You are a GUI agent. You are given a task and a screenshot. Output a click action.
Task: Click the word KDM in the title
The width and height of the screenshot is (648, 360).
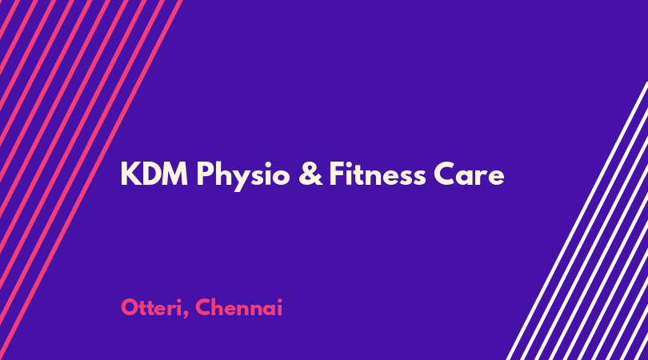click(x=154, y=174)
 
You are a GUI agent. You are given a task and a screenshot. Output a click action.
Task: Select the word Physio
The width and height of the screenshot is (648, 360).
click(x=243, y=177)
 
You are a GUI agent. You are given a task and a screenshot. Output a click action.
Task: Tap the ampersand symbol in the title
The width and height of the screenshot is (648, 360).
click(x=310, y=174)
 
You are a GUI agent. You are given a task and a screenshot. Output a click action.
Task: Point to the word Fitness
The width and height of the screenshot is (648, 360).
click(x=378, y=174)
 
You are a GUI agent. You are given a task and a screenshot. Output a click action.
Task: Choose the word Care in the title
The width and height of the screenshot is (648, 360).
click(x=469, y=174)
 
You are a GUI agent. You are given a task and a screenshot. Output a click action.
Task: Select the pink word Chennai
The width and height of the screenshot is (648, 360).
click(x=239, y=308)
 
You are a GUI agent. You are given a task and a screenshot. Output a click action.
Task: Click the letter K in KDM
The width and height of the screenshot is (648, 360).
click(x=130, y=174)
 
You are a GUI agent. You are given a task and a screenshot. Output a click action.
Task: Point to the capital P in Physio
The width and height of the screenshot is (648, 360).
click(x=204, y=174)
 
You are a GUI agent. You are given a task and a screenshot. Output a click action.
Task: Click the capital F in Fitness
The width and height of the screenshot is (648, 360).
click(x=336, y=174)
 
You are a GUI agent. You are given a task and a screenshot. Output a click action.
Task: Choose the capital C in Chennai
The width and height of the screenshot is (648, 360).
click(x=203, y=308)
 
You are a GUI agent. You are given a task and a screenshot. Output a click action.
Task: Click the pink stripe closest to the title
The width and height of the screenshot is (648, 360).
click(x=91, y=180)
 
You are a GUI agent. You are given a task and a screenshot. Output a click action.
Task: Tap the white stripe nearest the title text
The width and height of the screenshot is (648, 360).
click(x=578, y=221)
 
